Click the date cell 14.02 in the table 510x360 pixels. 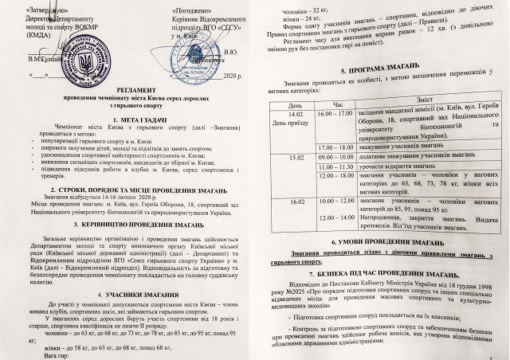tap(293, 113)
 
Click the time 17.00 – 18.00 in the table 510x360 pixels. tap(335, 148)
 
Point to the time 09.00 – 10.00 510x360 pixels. tap(335, 157)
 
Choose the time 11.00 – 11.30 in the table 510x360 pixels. tap(335, 166)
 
